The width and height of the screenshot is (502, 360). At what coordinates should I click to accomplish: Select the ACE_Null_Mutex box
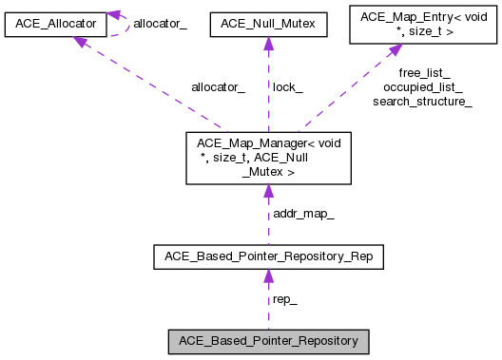(268, 21)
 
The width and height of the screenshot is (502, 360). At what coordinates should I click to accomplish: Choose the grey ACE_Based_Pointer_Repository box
(268, 340)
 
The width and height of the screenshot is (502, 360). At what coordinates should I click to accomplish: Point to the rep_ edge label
(284, 298)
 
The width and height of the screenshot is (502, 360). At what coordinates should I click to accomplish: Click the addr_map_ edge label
(303, 214)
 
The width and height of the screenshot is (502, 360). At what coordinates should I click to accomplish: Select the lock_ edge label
(287, 86)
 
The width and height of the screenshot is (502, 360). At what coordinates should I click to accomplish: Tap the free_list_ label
(424, 73)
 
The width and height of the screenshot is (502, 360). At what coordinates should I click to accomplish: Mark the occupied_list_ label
(423, 86)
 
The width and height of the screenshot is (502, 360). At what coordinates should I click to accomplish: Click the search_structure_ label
(423, 101)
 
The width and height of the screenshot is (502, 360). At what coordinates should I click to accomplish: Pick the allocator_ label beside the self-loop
(160, 22)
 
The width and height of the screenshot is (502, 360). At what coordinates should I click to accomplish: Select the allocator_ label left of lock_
(218, 86)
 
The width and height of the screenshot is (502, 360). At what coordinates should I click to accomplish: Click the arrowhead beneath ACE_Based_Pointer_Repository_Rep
(268, 276)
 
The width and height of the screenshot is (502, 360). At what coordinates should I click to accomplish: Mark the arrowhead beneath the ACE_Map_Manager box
(268, 191)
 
